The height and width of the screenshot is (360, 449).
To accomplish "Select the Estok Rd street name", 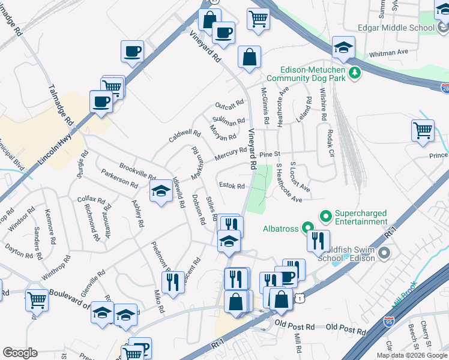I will pyautogui.click(x=232, y=186).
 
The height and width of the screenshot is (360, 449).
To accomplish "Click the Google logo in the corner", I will pyautogui.click(x=20, y=353).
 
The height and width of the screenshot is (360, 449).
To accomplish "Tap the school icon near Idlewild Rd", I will pyautogui.click(x=160, y=193).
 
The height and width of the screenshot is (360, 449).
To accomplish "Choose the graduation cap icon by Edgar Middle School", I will pyautogui.click(x=343, y=47).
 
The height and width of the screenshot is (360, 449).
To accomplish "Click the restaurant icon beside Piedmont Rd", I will pyautogui.click(x=173, y=281).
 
